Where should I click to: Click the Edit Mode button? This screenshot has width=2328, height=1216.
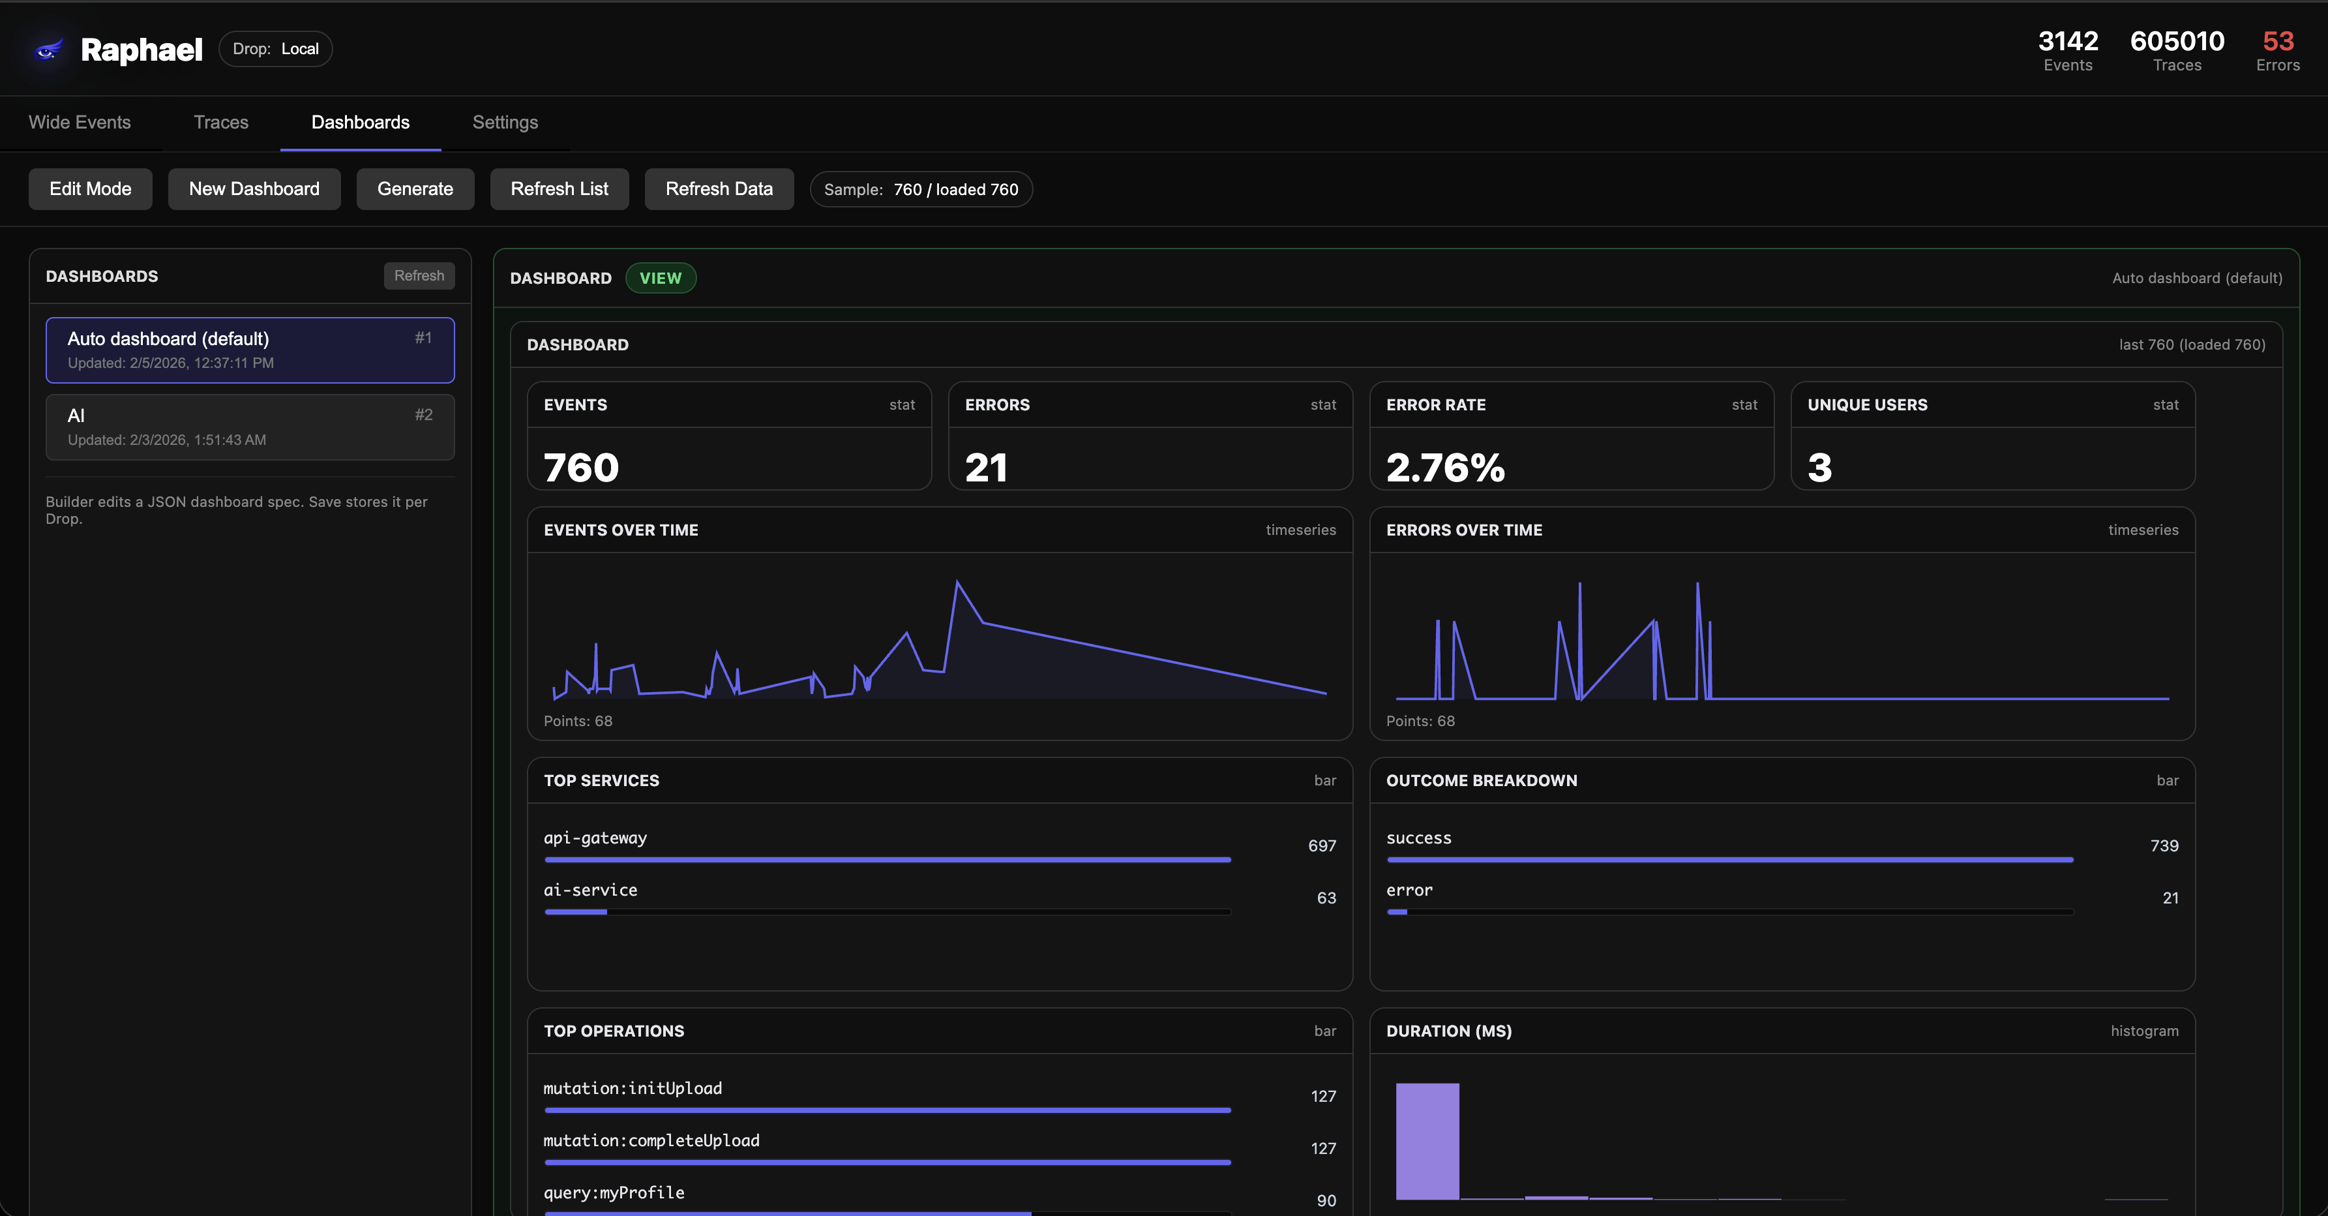click(91, 189)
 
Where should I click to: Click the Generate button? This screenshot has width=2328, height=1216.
click(415, 189)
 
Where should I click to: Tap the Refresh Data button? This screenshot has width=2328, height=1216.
click(719, 189)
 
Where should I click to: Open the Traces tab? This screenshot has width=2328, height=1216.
click(220, 122)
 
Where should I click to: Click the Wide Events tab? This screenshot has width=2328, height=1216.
click(80, 122)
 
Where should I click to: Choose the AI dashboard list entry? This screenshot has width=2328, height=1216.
click(249, 427)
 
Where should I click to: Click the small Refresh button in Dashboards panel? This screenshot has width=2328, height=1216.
click(419, 276)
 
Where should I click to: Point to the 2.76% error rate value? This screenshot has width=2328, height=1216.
click(1444, 467)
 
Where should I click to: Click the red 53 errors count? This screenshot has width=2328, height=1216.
click(2277, 42)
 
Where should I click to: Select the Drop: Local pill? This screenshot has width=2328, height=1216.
click(276, 49)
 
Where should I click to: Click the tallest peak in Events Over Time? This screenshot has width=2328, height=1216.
click(957, 583)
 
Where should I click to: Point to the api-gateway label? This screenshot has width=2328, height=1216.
click(595, 838)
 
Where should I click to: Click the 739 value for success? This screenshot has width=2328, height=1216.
click(2164, 845)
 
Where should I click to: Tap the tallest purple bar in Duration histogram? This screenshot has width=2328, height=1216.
click(1427, 1141)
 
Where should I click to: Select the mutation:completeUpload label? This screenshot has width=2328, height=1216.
click(651, 1141)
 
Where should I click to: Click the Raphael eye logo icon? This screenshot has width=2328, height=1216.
click(47, 50)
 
